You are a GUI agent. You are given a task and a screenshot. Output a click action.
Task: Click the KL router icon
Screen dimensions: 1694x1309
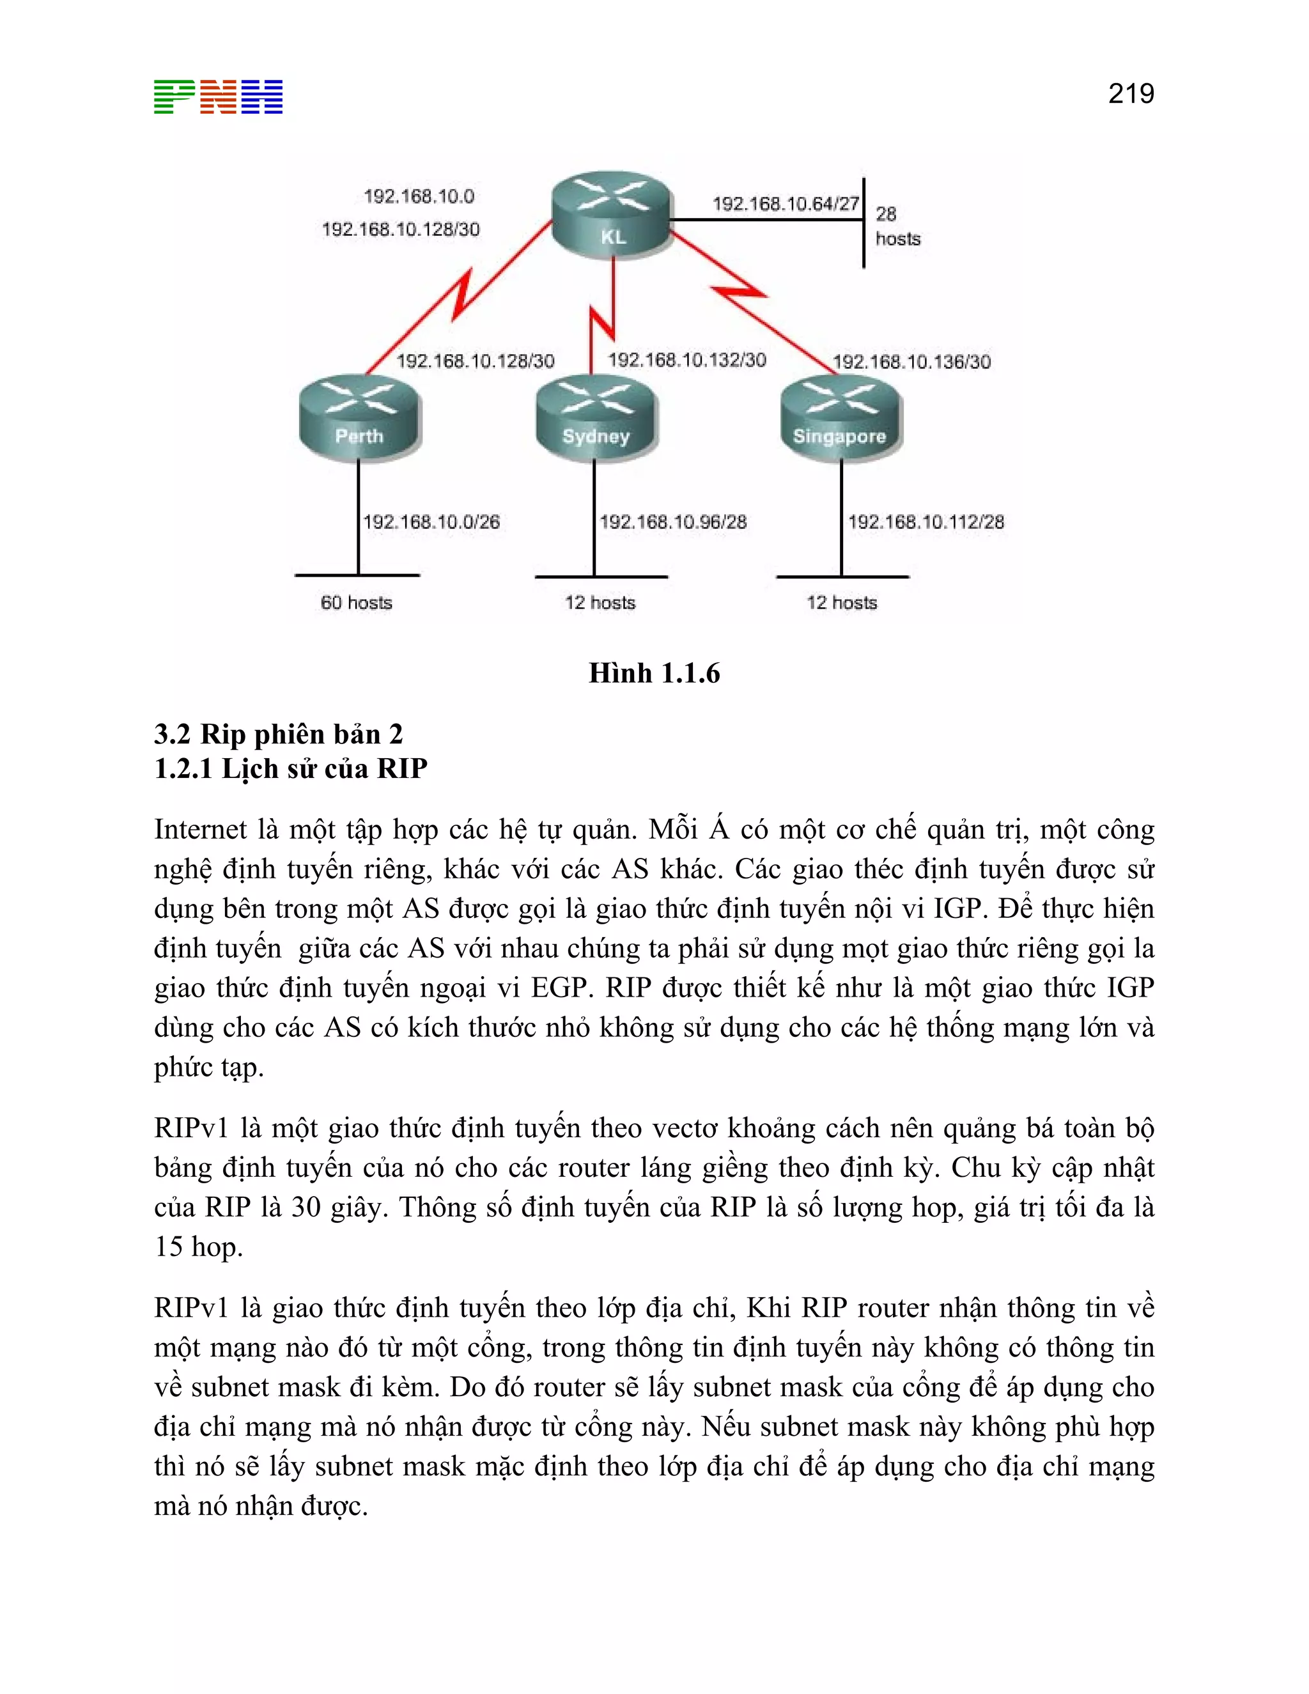pyautogui.click(x=611, y=214)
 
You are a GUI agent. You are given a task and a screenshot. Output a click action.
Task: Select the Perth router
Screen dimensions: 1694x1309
pyautogui.click(x=360, y=418)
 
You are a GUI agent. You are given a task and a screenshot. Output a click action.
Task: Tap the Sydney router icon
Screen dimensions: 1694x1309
pyautogui.click(x=596, y=418)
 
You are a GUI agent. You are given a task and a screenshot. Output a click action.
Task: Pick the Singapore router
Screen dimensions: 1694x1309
pyautogui.click(x=840, y=419)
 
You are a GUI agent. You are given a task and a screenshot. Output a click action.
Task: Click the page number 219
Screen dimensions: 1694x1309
pyautogui.click(x=1131, y=94)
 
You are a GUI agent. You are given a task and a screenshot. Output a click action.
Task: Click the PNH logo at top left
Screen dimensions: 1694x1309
pyautogui.click(x=218, y=97)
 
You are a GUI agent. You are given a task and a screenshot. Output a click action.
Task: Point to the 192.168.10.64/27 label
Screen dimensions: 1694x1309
pyautogui.click(x=785, y=204)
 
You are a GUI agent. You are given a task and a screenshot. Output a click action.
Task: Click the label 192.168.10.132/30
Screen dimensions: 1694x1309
pyautogui.click(x=686, y=360)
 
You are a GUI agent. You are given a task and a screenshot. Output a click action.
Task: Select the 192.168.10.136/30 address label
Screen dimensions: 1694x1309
pyautogui.click(x=911, y=361)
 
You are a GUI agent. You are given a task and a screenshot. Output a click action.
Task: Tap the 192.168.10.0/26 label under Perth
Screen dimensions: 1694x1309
pyautogui.click(x=431, y=522)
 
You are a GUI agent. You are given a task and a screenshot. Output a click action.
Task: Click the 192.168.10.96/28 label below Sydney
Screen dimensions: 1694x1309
pyautogui.click(x=672, y=522)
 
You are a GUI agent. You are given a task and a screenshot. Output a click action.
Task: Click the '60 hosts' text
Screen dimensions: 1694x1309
pyautogui.click(x=356, y=603)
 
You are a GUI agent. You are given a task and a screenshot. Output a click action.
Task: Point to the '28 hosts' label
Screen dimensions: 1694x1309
pyautogui.click(x=897, y=226)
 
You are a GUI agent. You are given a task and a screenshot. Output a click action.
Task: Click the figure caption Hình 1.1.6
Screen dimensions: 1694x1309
pyautogui.click(x=654, y=673)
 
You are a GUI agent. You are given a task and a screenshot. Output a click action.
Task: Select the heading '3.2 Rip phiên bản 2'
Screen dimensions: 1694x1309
pyautogui.click(x=279, y=734)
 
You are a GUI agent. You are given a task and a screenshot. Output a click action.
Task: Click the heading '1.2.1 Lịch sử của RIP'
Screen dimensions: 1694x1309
pyautogui.click(x=291, y=768)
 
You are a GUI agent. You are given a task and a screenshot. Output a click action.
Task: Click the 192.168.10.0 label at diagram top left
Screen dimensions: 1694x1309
pyautogui.click(x=419, y=196)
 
